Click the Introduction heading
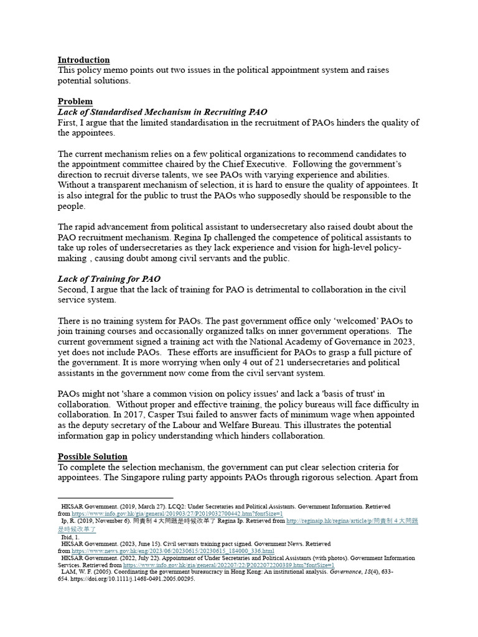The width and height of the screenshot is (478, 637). coord(83,60)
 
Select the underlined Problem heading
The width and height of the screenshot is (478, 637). coord(75,101)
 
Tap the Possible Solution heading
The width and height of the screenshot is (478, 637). coord(92,456)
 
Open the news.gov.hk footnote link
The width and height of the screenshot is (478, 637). coord(172,551)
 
